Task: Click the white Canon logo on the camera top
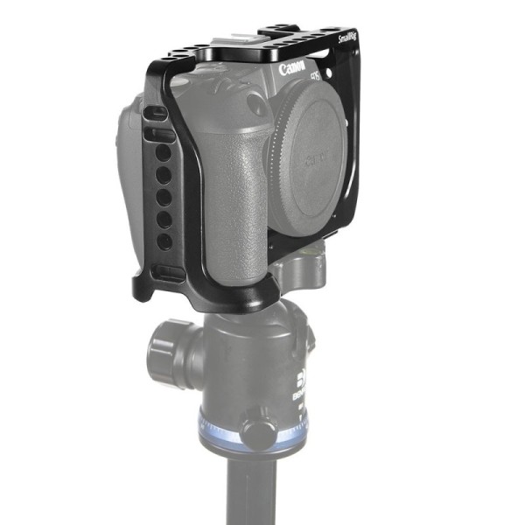pyautogui.click(x=297, y=67)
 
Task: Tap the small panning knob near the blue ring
pyautogui.click(x=256, y=431)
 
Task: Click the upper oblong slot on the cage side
pyautogui.click(x=157, y=115)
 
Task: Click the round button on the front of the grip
pyautogui.click(x=256, y=105)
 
